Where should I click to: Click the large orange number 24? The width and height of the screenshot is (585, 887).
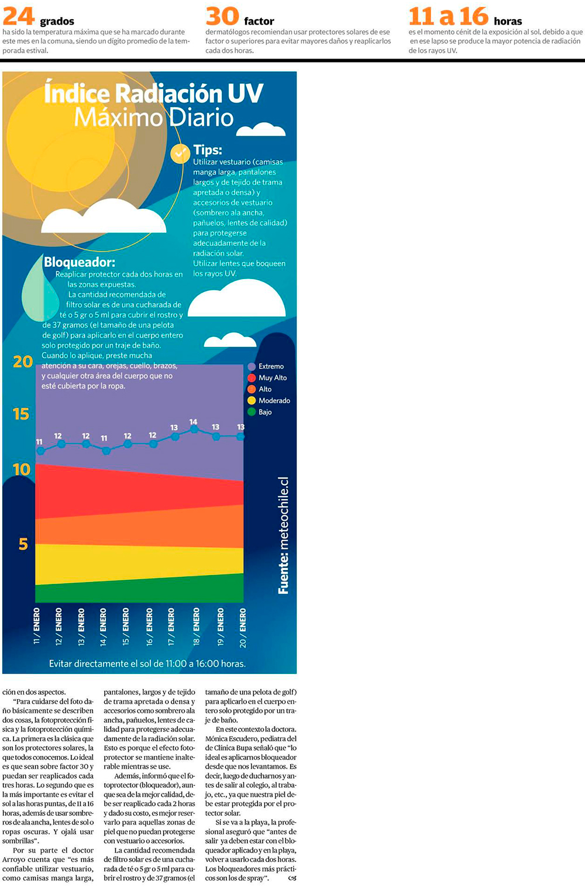click(18, 16)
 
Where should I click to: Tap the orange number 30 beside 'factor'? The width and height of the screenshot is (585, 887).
click(222, 16)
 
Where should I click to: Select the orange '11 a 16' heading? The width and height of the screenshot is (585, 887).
click(448, 16)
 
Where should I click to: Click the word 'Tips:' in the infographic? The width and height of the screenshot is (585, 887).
click(208, 150)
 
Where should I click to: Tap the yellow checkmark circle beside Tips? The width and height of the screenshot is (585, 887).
click(180, 154)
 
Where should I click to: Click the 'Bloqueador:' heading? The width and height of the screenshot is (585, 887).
click(80, 262)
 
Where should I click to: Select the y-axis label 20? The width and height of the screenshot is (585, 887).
click(23, 362)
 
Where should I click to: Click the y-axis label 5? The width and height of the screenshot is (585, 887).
click(23, 544)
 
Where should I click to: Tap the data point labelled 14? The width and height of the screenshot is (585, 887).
click(194, 429)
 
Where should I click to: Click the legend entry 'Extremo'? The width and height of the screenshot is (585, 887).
click(270, 366)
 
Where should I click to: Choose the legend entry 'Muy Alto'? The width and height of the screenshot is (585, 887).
click(272, 378)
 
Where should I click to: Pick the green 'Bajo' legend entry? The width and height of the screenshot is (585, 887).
click(264, 412)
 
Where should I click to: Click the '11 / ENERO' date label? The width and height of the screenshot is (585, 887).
click(37, 626)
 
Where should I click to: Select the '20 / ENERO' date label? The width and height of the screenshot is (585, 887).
click(243, 627)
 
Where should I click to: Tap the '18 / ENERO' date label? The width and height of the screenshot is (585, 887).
click(196, 626)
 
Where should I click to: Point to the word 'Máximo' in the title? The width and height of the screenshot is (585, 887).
click(118, 118)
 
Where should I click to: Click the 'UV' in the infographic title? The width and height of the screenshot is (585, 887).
click(245, 94)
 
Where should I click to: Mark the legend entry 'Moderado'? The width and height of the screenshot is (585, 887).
click(274, 401)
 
